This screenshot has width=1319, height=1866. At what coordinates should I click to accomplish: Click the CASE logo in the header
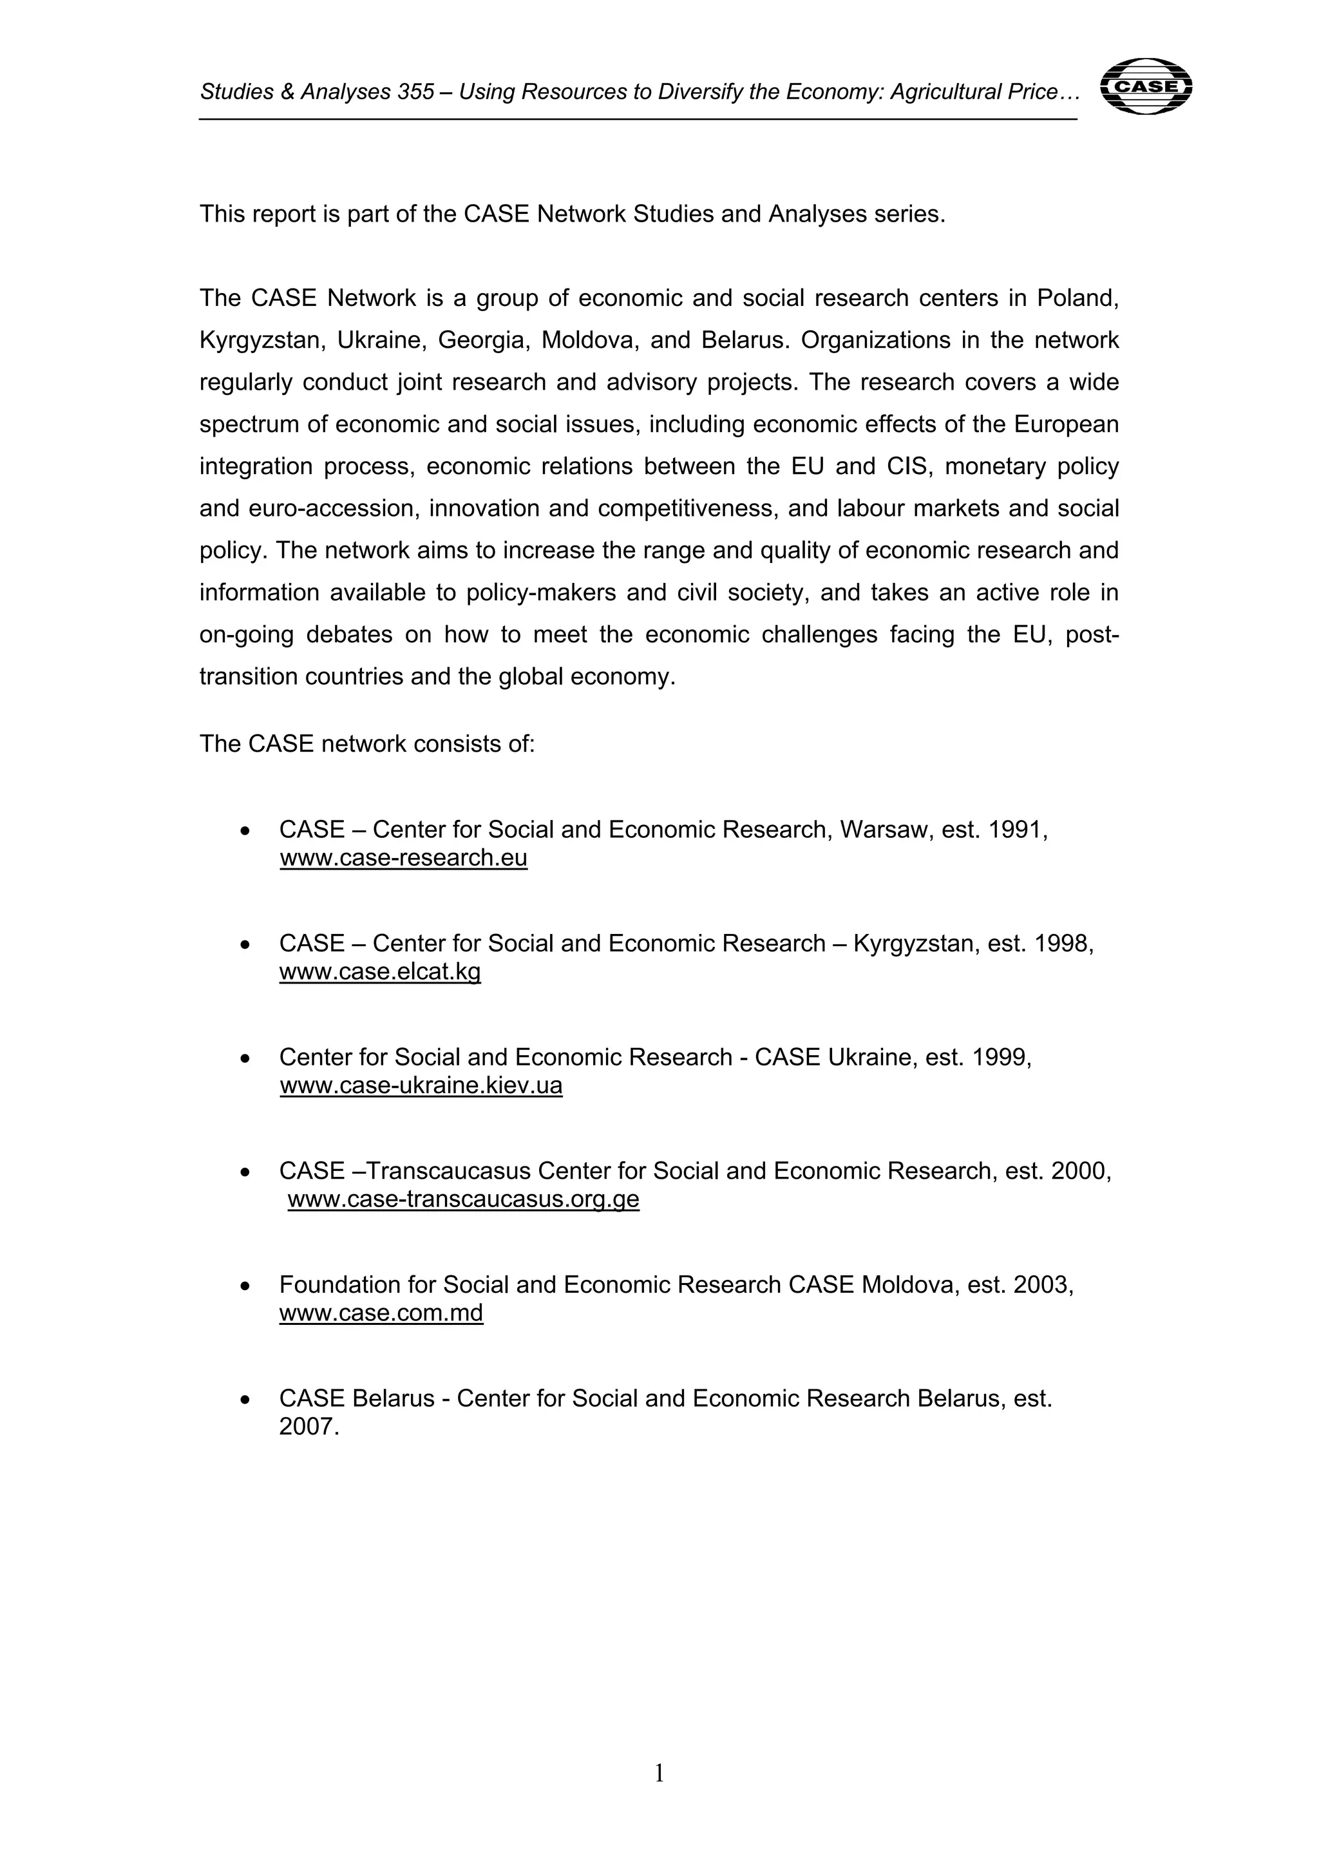click(x=1145, y=86)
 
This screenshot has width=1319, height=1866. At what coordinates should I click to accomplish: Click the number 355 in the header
click(x=416, y=93)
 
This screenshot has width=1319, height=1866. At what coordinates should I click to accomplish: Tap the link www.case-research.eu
click(x=403, y=857)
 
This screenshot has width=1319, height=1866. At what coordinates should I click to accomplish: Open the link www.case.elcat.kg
click(x=379, y=971)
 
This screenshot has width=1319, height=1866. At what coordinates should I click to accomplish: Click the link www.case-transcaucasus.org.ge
click(x=463, y=1199)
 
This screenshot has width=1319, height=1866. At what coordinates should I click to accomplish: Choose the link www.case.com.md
click(x=381, y=1313)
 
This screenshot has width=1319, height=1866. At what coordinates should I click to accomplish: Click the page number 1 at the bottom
click(x=659, y=1773)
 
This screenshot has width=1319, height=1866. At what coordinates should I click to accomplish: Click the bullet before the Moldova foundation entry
click(x=245, y=1286)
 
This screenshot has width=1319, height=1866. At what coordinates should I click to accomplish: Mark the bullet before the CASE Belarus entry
click(x=245, y=1400)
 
